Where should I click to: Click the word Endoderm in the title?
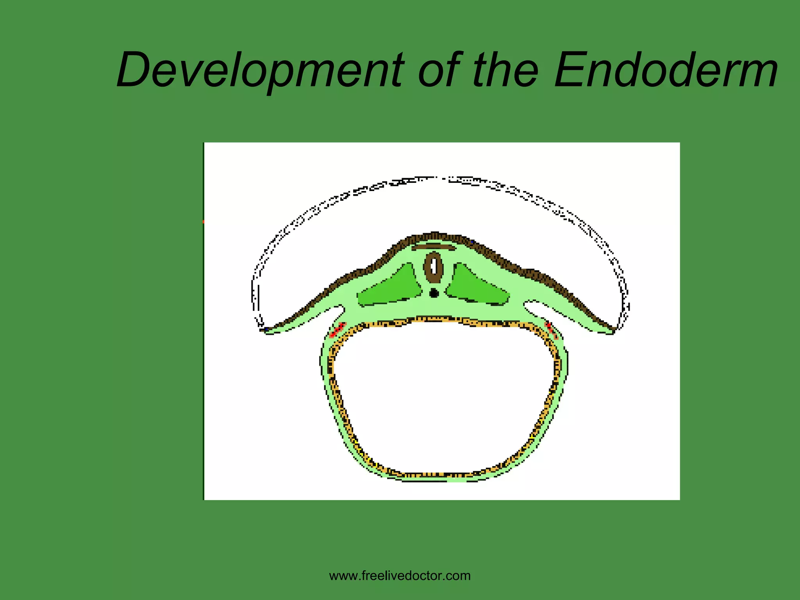tap(666, 70)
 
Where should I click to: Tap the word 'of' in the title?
tap(439, 70)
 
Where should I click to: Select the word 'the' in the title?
tap(506, 70)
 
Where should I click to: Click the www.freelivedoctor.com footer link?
tap(400, 575)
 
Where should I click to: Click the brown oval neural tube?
tap(434, 267)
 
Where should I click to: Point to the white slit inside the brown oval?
tap(434, 267)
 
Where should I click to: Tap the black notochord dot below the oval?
tap(434, 293)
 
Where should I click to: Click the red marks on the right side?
tap(551, 329)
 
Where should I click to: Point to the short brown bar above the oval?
tap(434, 247)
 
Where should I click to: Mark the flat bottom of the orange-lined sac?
tap(434, 475)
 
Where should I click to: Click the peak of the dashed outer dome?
tap(436, 179)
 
